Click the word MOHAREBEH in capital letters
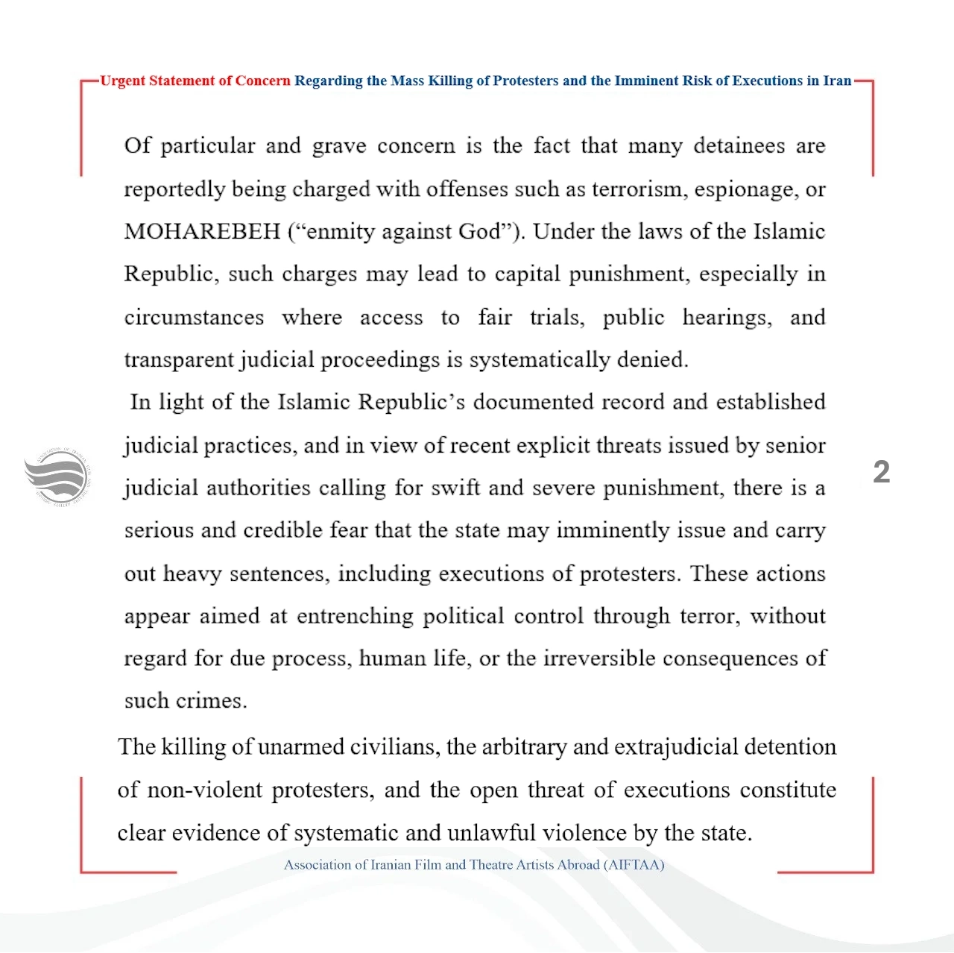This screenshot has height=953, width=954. [202, 232]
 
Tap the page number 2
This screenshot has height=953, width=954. [881, 472]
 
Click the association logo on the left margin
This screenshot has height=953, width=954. [57, 477]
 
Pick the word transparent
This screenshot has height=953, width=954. [179, 360]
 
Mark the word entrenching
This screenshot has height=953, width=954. [355, 617]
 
